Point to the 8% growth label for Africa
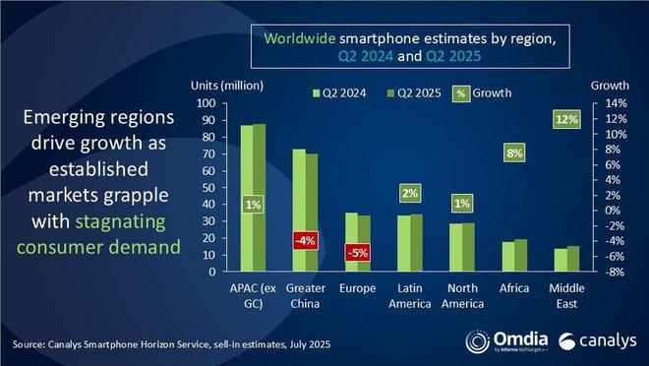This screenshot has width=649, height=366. (x=514, y=152)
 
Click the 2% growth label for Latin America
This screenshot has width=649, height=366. (x=411, y=194)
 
